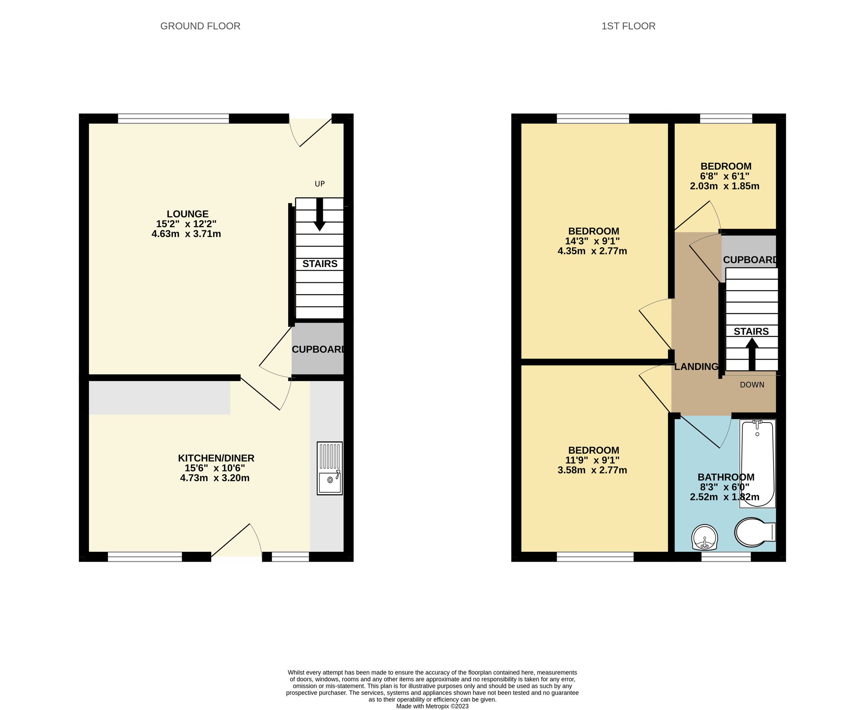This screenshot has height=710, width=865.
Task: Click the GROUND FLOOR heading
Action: tap(200, 26)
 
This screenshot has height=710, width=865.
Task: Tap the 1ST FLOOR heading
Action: tap(628, 26)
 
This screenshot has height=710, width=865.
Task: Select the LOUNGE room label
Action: tap(188, 214)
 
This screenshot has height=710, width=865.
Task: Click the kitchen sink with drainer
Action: tap(330, 468)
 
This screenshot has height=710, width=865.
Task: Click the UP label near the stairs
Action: tap(320, 184)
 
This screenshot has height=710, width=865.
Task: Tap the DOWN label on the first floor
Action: tap(752, 385)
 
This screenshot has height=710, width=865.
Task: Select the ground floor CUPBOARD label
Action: tap(318, 349)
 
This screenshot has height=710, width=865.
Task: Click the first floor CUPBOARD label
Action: tap(750, 260)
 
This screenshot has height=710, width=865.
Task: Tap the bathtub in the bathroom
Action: tap(757, 463)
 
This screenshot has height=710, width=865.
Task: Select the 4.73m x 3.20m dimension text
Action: tap(214, 478)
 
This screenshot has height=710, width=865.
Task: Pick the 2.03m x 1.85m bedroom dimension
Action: tap(724, 187)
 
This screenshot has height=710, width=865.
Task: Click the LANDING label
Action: tap(696, 367)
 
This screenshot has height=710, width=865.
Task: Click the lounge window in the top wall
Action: tap(173, 119)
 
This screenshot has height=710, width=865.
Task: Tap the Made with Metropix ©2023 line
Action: tap(432, 706)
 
